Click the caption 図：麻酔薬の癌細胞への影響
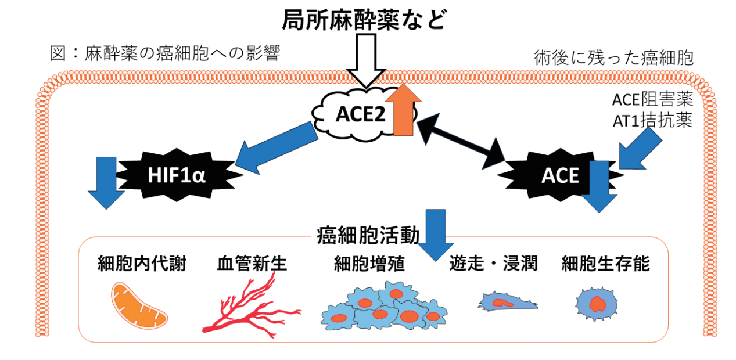click(x=165, y=54)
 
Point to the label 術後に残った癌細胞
click(x=614, y=58)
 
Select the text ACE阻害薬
click(x=652, y=100)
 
